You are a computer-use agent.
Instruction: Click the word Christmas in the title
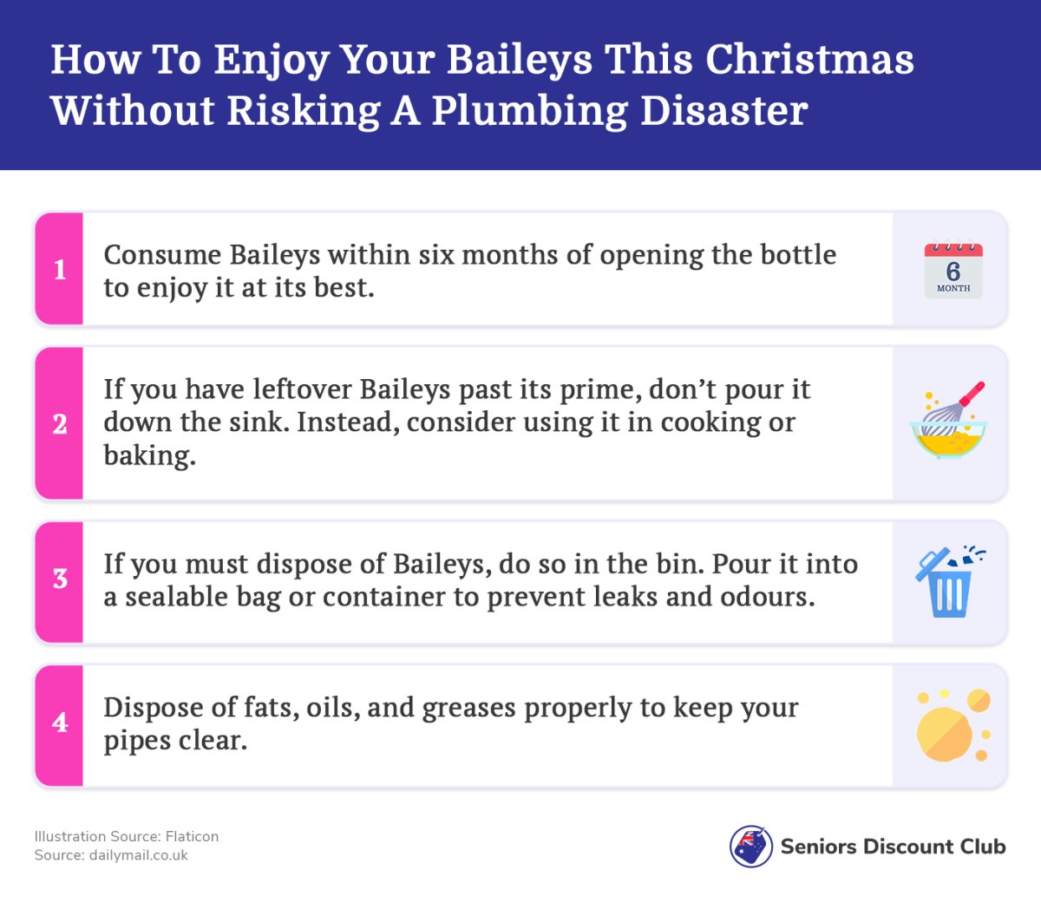tap(809, 59)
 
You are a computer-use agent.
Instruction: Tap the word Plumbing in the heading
tap(529, 112)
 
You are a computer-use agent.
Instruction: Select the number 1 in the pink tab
tap(60, 270)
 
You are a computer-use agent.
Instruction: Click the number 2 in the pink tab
tap(60, 424)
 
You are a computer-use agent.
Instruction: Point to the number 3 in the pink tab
tap(60, 579)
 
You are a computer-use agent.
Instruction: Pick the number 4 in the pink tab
tap(60, 723)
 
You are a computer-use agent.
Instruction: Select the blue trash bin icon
tap(949, 582)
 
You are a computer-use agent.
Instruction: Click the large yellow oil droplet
tap(945, 734)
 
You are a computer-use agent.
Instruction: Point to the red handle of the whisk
tap(972, 393)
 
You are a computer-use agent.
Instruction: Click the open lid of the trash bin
tap(933, 563)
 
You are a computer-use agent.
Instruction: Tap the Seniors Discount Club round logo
tap(751, 846)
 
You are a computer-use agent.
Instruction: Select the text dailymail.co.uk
tap(139, 855)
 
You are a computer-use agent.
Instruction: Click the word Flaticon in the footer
tap(192, 837)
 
